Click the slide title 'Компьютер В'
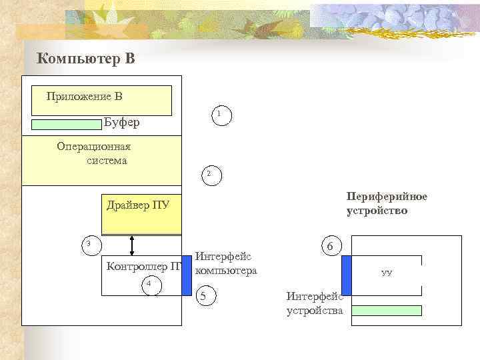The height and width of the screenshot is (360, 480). pyautogui.click(x=87, y=59)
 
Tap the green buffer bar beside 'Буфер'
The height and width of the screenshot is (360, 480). pyautogui.click(x=66, y=124)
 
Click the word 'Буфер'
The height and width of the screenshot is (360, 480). pyautogui.click(x=122, y=123)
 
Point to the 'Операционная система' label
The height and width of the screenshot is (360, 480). pyautogui.click(x=94, y=153)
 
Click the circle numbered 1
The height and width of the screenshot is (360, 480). pyautogui.click(x=219, y=115)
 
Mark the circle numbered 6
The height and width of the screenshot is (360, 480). pyautogui.click(x=330, y=246)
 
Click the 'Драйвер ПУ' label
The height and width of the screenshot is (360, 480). pyautogui.click(x=138, y=204)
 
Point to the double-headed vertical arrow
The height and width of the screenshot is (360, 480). pyautogui.click(x=132, y=245)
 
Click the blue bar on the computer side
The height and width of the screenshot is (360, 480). pyautogui.click(x=187, y=275)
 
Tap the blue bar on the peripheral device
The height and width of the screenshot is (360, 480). pyautogui.click(x=346, y=275)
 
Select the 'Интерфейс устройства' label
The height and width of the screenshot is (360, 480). pyautogui.click(x=314, y=303)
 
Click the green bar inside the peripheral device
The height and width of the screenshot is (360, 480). pyautogui.click(x=387, y=310)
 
